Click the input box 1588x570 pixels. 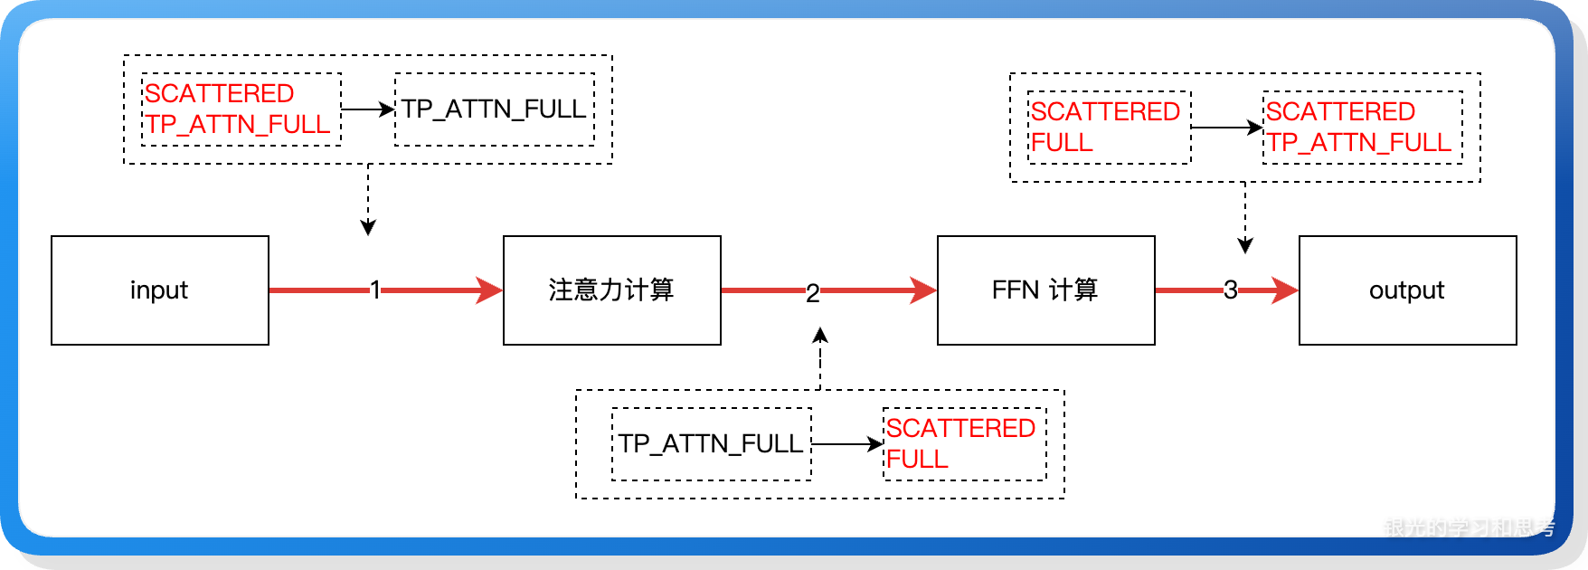(160, 290)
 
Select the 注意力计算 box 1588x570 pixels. (612, 290)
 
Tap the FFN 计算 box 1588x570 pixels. (1045, 290)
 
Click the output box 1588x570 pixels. (1407, 290)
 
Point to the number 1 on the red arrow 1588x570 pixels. (374, 290)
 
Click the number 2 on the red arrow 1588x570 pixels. (812, 292)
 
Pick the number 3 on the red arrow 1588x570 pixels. (1230, 290)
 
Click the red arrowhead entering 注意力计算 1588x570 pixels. (489, 290)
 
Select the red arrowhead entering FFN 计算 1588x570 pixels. (923, 290)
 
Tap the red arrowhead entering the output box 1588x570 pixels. (1285, 290)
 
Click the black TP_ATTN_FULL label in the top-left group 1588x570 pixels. (494, 109)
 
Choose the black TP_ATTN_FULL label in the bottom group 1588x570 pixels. (711, 444)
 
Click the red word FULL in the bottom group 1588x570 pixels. (917, 460)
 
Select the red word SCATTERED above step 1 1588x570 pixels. (220, 94)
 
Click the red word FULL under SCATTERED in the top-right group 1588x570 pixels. (1062, 143)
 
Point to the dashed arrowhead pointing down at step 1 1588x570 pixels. (368, 227)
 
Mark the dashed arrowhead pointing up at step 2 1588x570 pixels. (820, 336)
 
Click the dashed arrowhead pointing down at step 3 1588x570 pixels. (1245, 245)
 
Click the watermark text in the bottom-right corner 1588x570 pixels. (1470, 527)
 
